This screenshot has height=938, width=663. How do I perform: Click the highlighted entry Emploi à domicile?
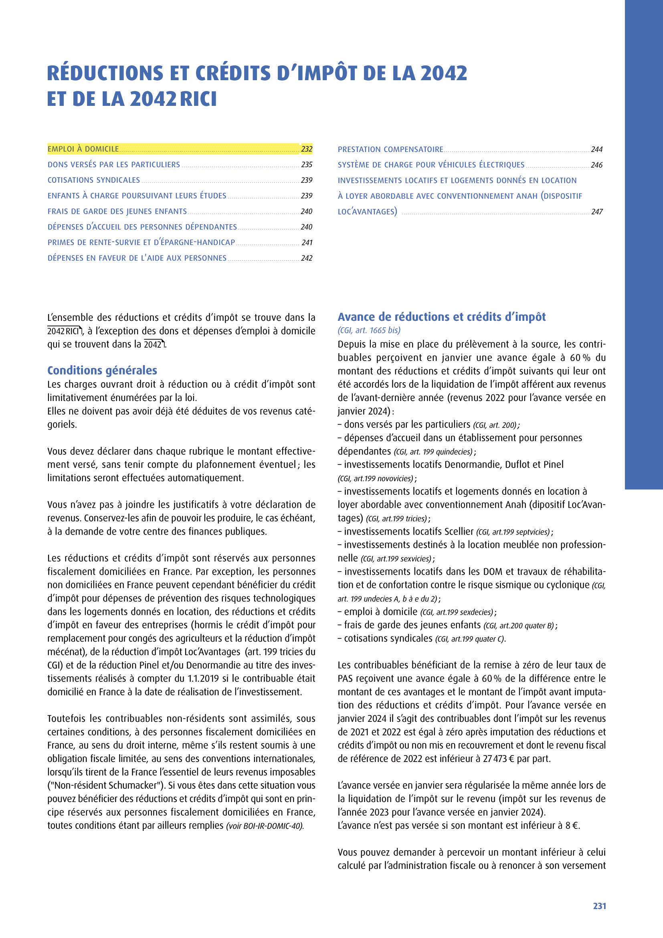pyautogui.click(x=83, y=149)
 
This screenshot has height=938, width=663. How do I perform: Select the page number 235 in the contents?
pyautogui.click(x=307, y=165)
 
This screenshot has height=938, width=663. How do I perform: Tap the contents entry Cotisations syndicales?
pyautogui.click(x=94, y=180)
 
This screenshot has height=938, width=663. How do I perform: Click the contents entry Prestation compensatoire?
pyautogui.click(x=390, y=150)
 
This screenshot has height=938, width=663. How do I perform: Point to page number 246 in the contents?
pyautogui.click(x=596, y=165)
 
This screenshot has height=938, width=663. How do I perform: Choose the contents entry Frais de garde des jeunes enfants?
pyautogui.click(x=117, y=211)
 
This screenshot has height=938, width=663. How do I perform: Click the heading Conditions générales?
pyautogui.click(x=102, y=370)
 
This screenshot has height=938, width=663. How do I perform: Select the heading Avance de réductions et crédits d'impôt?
pyautogui.click(x=441, y=317)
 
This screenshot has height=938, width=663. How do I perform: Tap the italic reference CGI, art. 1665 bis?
pyautogui.click(x=369, y=330)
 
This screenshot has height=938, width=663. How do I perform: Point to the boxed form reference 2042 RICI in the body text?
pyautogui.click(x=64, y=331)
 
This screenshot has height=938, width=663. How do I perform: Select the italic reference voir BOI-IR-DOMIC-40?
pyautogui.click(x=265, y=826)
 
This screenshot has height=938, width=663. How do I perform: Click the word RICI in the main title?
pyautogui.click(x=198, y=99)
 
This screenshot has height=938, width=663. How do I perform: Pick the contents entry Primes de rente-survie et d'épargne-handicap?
pyautogui.click(x=141, y=242)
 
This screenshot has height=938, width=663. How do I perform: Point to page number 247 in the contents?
pyautogui.click(x=597, y=212)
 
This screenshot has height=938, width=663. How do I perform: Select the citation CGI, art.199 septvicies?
pyautogui.click(x=514, y=532)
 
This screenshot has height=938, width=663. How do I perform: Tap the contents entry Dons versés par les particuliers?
pyautogui.click(x=114, y=165)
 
